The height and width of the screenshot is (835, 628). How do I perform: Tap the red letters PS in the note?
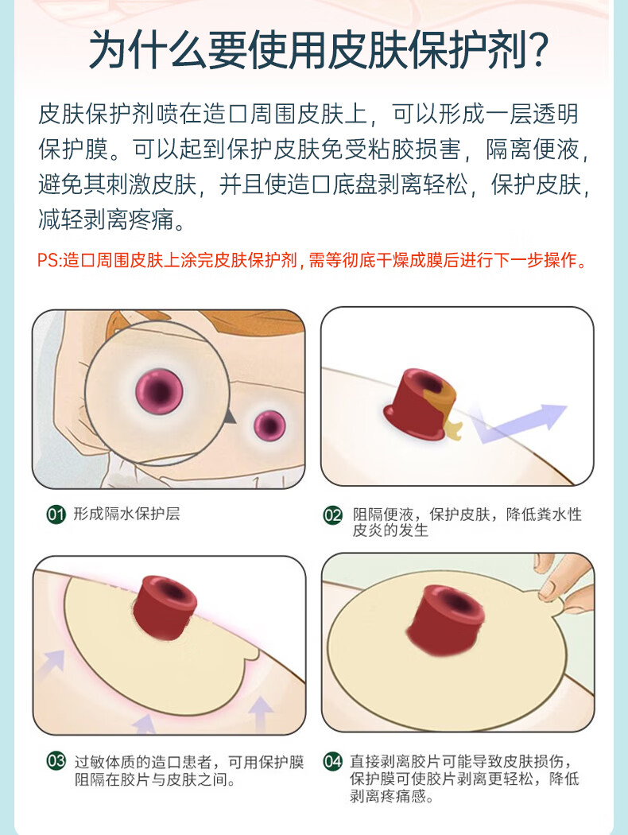click(x=47, y=260)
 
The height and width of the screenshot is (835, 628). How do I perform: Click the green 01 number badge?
click(x=56, y=515)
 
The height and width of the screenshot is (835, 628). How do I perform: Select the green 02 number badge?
click(x=333, y=515)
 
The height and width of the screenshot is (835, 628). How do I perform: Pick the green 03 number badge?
click(x=56, y=760)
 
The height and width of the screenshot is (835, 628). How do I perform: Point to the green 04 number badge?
click(x=333, y=760)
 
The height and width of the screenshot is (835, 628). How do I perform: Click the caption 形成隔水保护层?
click(x=126, y=514)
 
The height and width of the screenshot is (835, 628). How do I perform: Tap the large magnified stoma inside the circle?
click(x=159, y=392)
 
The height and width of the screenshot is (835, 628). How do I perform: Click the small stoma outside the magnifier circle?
click(x=269, y=425)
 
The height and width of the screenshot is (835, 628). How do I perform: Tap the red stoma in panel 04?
click(x=445, y=620)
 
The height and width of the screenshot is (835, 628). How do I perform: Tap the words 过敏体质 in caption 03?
click(x=105, y=762)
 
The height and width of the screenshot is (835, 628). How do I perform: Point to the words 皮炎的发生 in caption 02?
click(x=390, y=530)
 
